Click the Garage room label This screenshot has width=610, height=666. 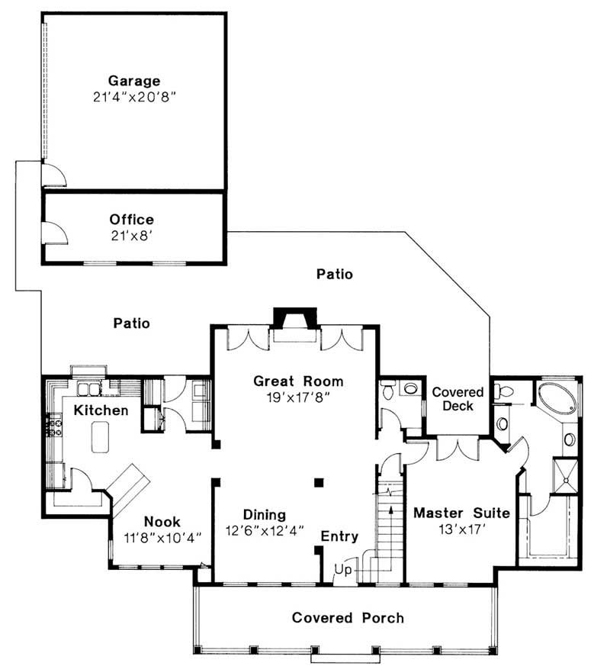pyautogui.click(x=134, y=81)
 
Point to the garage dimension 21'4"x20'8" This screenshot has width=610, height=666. pyautogui.click(x=134, y=97)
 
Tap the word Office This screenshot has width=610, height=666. pyautogui.click(x=132, y=220)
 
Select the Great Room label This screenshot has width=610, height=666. pyautogui.click(x=298, y=381)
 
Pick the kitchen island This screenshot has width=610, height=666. pyautogui.click(x=101, y=437)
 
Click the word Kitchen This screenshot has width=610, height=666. pyautogui.click(x=101, y=410)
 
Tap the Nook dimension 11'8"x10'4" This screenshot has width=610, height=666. pyautogui.click(x=162, y=538)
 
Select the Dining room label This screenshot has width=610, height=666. pyautogui.click(x=265, y=515)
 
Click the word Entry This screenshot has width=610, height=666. pyautogui.click(x=339, y=536)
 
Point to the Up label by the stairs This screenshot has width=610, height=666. pyautogui.click(x=343, y=569)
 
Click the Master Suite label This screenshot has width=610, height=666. pyautogui.click(x=461, y=513)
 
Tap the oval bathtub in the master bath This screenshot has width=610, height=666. pyautogui.click(x=557, y=397)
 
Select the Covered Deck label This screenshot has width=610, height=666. pyautogui.click(x=457, y=399)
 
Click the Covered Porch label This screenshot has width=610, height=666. pyautogui.click(x=348, y=618)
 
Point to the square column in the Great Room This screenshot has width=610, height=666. pyautogui.click(x=319, y=482)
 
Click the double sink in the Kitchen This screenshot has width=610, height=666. pyautogui.click(x=88, y=389)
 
